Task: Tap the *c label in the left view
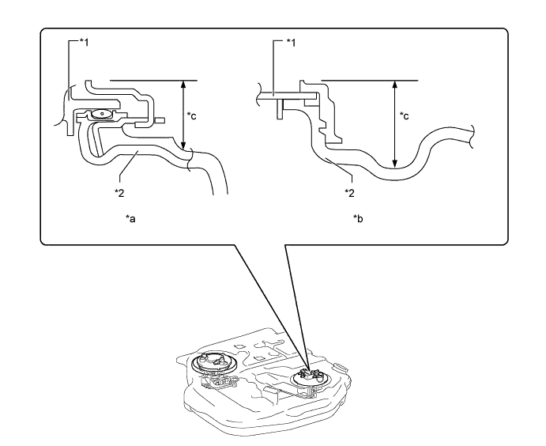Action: click(x=192, y=116)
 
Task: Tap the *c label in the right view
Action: click(x=405, y=116)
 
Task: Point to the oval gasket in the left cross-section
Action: click(x=100, y=115)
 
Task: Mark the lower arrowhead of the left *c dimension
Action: click(x=183, y=146)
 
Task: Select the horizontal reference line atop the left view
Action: click(x=150, y=79)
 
